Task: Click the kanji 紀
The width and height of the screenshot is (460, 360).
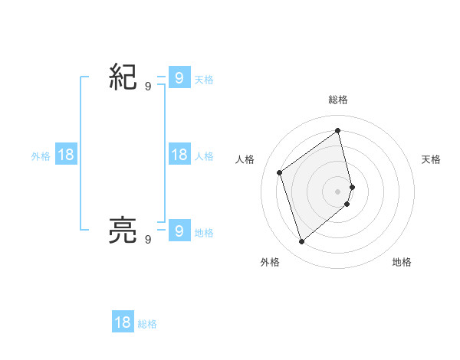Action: (x=123, y=78)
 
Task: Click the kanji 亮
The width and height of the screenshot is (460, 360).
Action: (x=123, y=230)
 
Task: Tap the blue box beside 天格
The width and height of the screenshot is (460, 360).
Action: (x=179, y=77)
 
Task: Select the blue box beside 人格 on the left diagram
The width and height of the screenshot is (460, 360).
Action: (x=179, y=155)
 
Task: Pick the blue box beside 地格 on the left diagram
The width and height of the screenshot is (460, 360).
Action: (x=179, y=230)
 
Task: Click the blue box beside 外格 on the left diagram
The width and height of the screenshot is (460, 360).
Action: (x=66, y=155)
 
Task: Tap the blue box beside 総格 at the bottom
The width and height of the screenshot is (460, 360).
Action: (x=123, y=322)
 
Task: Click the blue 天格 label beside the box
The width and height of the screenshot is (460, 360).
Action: (x=204, y=79)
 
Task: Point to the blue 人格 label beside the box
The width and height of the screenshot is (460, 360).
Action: (x=204, y=156)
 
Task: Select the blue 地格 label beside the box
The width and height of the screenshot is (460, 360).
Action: (x=204, y=232)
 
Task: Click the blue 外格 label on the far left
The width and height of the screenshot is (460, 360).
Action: (x=41, y=156)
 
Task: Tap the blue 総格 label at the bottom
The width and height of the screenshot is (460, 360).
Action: (x=147, y=324)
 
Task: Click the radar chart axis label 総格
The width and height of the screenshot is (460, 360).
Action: (x=338, y=100)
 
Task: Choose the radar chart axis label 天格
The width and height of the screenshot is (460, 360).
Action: (x=432, y=159)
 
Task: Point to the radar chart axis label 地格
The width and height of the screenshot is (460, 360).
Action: (x=402, y=262)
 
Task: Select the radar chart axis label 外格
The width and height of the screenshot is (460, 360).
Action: (x=270, y=262)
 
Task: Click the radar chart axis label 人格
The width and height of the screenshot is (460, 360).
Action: (x=245, y=159)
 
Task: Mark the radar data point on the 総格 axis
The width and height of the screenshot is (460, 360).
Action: (x=338, y=130)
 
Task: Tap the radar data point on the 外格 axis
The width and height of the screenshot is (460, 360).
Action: (x=301, y=242)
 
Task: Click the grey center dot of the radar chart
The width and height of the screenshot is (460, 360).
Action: (x=338, y=191)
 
